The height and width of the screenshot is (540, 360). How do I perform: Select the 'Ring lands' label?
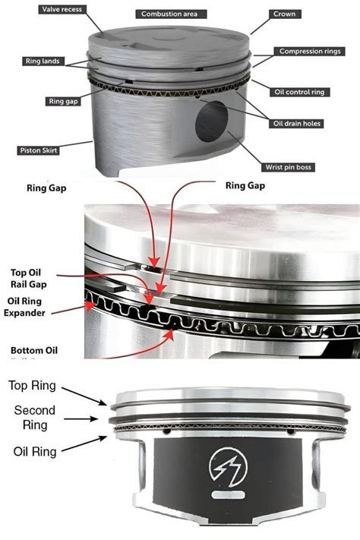(x=46, y=60)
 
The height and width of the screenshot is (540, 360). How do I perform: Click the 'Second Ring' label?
(x=34, y=418)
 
